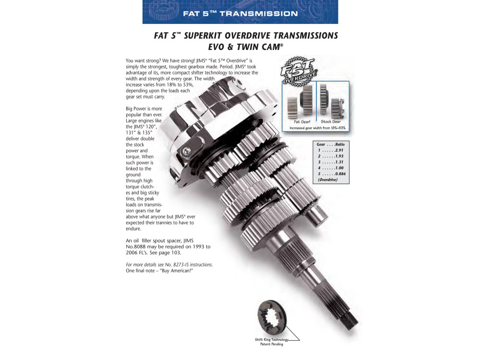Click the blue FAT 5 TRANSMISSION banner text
pos(240,13)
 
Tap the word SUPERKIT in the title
pos(203,36)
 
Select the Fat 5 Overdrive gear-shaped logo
pos(299,72)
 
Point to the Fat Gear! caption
pos(302,121)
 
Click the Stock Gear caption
pos(331,121)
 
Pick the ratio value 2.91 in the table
pos(339,150)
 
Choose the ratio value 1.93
pos(339,156)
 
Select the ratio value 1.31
pos(339,162)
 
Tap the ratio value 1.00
pos(339,168)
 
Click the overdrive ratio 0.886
pos(340,174)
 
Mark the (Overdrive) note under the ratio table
pos(327,180)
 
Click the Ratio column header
pos(340,144)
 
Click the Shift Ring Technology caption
pos(272,342)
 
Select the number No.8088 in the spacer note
pos(136,247)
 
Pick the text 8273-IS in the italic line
pos(181,264)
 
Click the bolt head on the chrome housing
pos(186,151)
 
